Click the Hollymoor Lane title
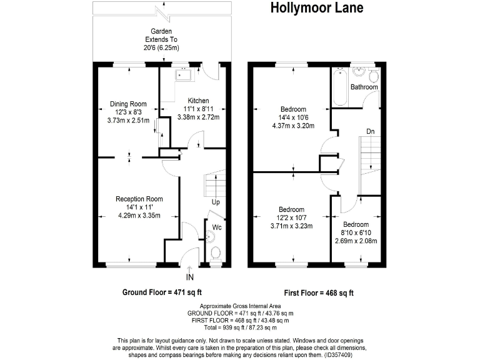click(316, 8)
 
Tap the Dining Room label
click(128, 104)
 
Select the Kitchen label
click(198, 101)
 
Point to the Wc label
click(216, 227)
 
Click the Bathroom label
click(364, 87)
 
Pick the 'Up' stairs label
click(215, 202)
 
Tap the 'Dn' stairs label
click(370, 132)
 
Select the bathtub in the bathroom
click(339, 86)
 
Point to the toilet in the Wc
click(216, 253)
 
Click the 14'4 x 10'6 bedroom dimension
click(292, 117)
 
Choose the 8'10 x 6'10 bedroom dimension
click(355, 232)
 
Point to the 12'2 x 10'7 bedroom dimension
click(291, 217)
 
